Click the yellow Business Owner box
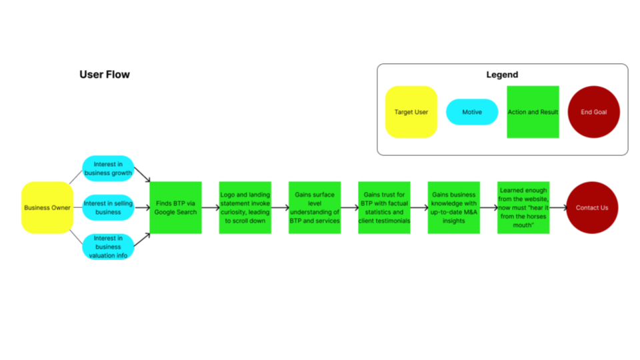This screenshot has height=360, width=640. coord(47,207)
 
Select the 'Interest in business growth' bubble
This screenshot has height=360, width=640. coord(108,169)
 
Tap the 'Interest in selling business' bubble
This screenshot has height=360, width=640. coord(108,207)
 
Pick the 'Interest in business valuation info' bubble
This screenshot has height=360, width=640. coord(108,247)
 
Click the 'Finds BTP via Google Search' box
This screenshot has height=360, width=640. coord(175,207)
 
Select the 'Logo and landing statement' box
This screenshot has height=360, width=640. coord(245,207)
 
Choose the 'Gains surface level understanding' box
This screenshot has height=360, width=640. coord(314,207)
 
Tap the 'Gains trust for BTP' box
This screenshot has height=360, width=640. coord(384,207)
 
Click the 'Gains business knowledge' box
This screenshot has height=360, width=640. coord(453,207)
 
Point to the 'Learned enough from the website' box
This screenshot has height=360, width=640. coord(523,207)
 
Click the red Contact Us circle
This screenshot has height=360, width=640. coord(592,207)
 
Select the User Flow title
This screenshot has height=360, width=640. coord(105,75)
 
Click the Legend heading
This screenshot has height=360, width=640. coord(502,75)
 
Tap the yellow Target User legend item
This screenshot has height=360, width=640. coord(411,112)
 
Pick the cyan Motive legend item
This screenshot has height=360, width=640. coord(472,112)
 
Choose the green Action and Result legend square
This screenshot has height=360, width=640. coord(533,112)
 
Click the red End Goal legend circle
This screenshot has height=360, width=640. coord(593,112)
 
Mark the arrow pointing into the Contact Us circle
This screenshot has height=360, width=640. coord(558,207)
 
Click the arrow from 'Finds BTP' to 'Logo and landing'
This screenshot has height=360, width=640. coord(210,207)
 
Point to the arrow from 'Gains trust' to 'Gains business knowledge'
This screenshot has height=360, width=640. coord(419,207)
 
